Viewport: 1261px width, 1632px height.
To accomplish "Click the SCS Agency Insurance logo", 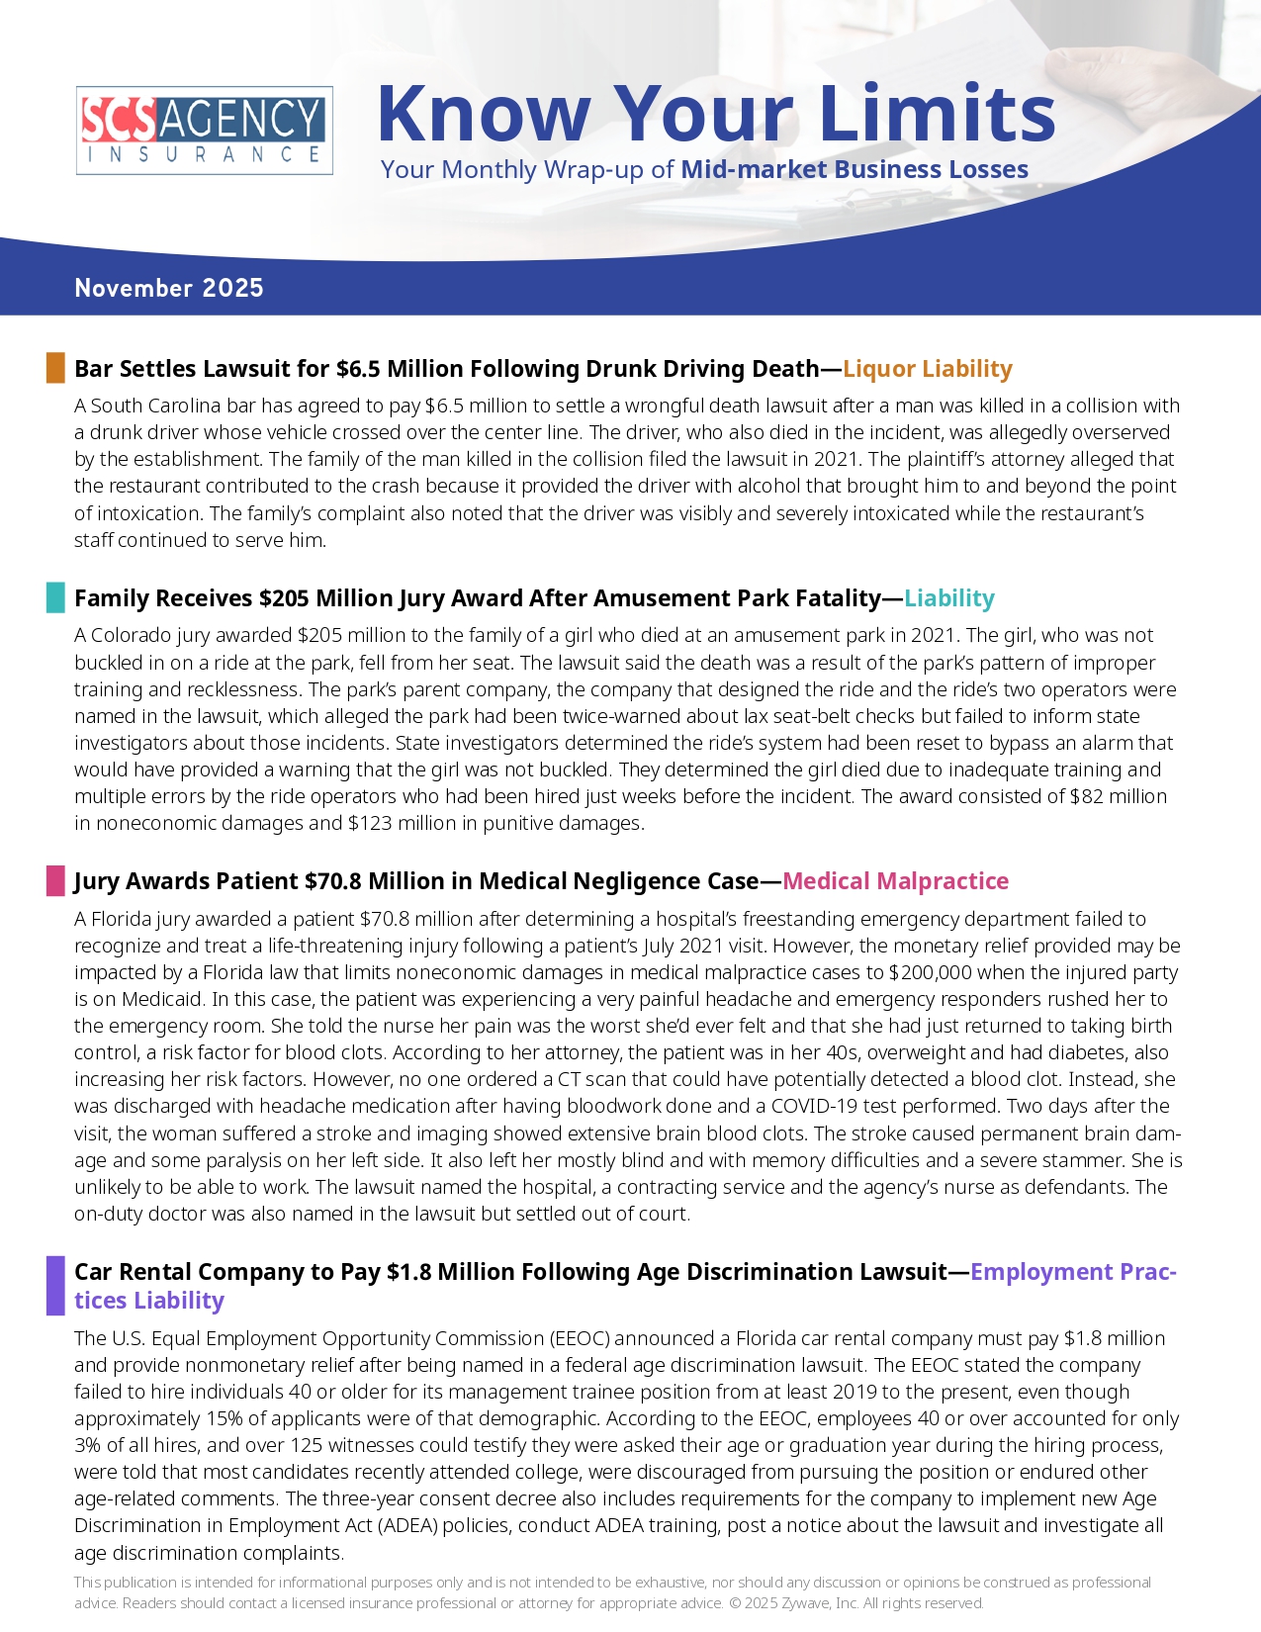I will click(x=204, y=131).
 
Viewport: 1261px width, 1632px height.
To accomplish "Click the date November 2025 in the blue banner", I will click(x=169, y=288).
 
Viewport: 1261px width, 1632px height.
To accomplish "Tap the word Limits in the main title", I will click(x=937, y=113).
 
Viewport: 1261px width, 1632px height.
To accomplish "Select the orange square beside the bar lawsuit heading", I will click(x=55, y=368).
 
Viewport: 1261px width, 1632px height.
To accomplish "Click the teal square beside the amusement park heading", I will click(x=55, y=597).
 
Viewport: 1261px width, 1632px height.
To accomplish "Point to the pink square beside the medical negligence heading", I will click(x=55, y=880).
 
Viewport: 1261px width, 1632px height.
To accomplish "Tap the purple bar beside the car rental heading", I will click(x=55, y=1285).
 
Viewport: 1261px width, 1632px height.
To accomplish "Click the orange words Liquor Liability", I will click(x=927, y=369).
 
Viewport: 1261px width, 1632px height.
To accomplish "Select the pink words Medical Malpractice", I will click(x=895, y=881).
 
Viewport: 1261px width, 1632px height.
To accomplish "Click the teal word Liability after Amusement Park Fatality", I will click(x=948, y=598).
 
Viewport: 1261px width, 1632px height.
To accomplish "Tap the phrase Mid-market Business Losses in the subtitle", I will click(x=855, y=169).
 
